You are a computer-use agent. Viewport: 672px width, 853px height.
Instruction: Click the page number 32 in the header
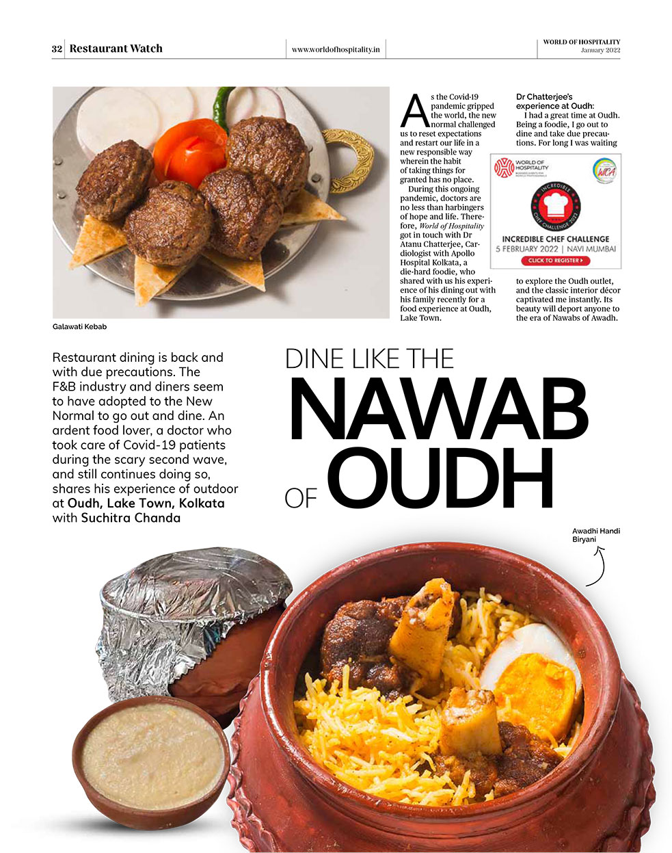coord(57,49)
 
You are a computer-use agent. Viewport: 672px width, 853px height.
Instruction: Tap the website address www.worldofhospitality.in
coord(335,49)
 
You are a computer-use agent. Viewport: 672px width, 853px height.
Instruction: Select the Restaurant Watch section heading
coord(116,49)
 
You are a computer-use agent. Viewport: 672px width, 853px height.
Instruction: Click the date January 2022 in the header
coord(600,51)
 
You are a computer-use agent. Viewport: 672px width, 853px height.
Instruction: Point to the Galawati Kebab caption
coord(79,326)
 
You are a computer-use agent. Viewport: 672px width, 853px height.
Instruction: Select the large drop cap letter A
coord(414,111)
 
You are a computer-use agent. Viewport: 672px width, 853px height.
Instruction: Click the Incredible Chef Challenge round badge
coord(555,205)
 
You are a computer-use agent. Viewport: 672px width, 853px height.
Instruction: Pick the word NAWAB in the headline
coord(438,411)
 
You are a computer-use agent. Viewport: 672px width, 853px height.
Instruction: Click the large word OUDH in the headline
coord(440,480)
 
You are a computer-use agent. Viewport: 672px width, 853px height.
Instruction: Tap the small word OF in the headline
coord(301,498)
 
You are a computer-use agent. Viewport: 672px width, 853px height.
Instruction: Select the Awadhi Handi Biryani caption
coord(595,535)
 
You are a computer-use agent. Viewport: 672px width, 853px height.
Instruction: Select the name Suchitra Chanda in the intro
coord(131,518)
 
